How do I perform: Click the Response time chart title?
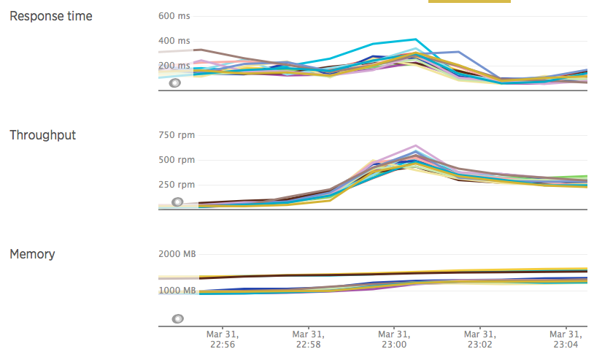point(51,16)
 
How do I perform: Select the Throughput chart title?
point(42,135)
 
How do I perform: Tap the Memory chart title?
point(32,254)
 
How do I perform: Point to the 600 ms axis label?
point(174,16)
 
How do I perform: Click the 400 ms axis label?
point(174,41)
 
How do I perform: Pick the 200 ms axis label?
point(174,66)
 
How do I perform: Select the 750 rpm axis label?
point(176,135)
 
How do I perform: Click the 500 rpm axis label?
point(176,160)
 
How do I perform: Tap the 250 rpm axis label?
point(176,185)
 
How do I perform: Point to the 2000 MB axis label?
point(177,254)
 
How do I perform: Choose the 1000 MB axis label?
point(177,290)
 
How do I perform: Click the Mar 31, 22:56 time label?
point(223,338)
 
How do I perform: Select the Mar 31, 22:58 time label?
point(308,338)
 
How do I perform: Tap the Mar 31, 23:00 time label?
point(394,338)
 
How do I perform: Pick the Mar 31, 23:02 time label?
point(480,338)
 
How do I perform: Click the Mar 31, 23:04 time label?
point(566,338)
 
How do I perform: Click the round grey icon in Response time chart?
point(175,83)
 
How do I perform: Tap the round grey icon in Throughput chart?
point(177,202)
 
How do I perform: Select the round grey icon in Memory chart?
point(177,319)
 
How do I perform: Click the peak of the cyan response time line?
point(415,39)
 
